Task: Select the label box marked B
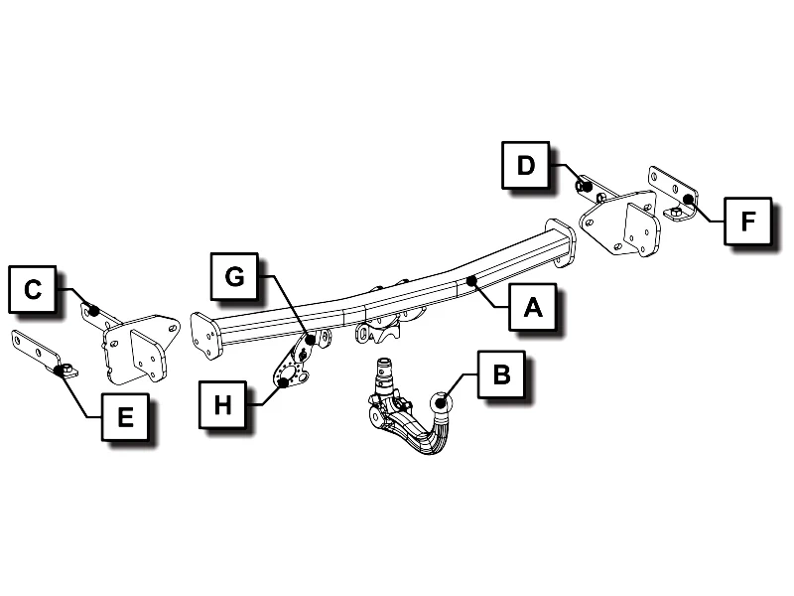[500, 374]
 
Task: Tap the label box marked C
[33, 289]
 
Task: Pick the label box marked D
[525, 165]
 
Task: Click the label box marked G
[234, 276]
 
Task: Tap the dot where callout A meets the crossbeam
[474, 282]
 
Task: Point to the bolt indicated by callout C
[93, 311]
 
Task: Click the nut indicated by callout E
[64, 371]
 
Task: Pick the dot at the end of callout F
[687, 200]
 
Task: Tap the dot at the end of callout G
[311, 340]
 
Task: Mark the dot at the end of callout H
[284, 382]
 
